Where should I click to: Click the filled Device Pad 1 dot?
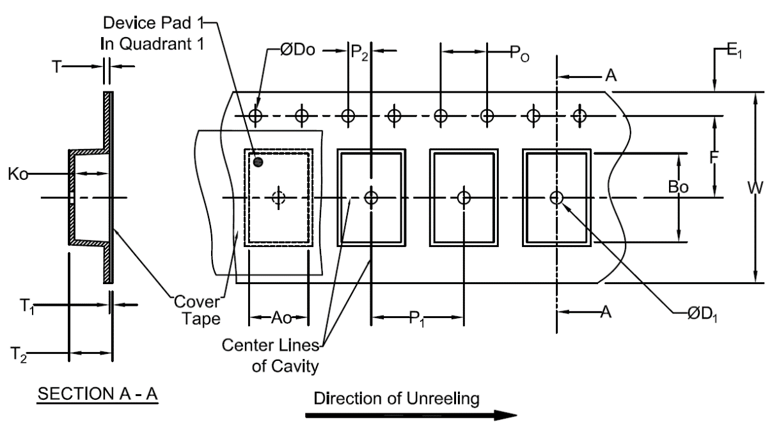coord(258,162)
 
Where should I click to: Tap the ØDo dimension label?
coord(297,51)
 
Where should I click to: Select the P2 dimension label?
coord(359,52)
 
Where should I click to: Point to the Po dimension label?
coord(519,54)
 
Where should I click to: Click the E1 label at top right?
coord(734,52)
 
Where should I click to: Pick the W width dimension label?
coord(755,188)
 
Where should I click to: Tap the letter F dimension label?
coord(714,157)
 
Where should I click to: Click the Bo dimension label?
coord(678,187)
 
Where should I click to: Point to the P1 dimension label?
coord(416,318)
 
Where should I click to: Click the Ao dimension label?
coord(281,317)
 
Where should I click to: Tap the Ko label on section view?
coord(18,174)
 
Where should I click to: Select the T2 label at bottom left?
coord(19,355)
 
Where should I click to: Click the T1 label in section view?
coord(27,307)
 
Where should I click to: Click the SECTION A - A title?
coord(97,394)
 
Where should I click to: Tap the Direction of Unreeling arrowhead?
coord(505,415)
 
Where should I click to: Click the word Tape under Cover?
coord(201,319)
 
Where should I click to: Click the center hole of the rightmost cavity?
coord(556,198)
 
